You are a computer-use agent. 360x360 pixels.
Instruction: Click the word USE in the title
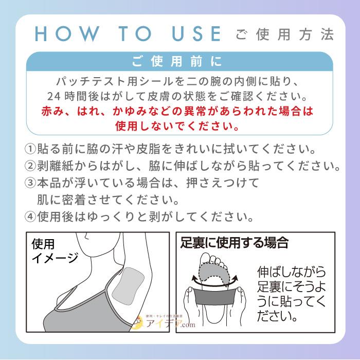[194, 34]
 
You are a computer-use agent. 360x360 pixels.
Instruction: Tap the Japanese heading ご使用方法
[284, 35]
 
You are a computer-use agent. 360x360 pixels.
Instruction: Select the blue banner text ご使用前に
[177, 62]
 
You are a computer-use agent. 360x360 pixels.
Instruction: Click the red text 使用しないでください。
[177, 125]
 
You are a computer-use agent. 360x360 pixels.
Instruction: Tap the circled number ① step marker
[30, 149]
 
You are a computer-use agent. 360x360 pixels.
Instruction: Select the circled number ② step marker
[30, 167]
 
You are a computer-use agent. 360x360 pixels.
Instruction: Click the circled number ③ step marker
[30, 183]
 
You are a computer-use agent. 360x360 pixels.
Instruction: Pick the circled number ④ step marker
[30, 216]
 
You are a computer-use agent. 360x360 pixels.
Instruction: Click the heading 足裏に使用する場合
[234, 242]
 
